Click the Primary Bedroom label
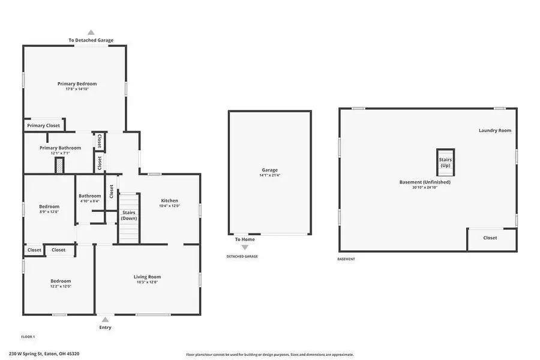[77, 83]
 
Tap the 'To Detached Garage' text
[91, 40]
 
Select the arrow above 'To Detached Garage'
[91, 32]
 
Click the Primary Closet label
[44, 125]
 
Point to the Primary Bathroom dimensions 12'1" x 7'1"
[60, 153]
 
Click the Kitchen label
[169, 200]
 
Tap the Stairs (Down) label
[129, 215]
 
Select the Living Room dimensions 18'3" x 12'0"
[147, 282]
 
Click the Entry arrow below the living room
[105, 320]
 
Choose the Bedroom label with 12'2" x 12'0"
[61, 281]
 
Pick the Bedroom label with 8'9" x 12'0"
[49, 206]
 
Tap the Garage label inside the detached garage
[269, 170]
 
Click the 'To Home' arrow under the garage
[244, 247]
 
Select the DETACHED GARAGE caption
[242, 256]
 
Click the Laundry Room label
[494, 130]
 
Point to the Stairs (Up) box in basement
[445, 162]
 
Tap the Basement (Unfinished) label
[425, 182]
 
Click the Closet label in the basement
[490, 238]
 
